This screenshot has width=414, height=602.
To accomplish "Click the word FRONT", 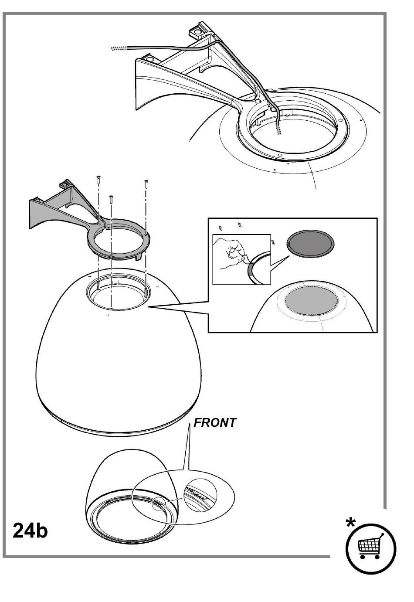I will click(215, 423).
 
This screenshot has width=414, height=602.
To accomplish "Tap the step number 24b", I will click(30, 530).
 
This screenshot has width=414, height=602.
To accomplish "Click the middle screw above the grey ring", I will click(111, 199).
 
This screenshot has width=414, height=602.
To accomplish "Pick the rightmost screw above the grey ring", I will click(146, 183).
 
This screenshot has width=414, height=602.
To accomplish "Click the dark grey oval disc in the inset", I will click(311, 243).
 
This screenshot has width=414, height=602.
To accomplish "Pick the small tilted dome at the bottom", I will click(131, 497).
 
